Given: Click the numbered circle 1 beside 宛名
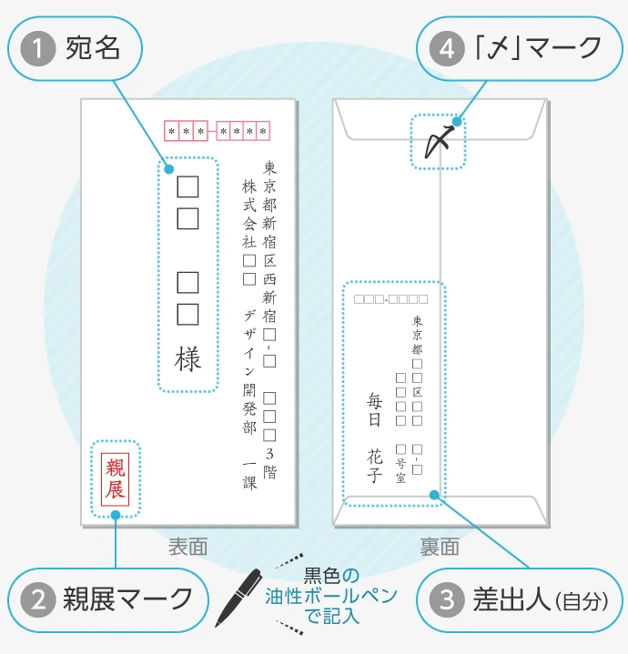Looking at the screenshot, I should [37, 48].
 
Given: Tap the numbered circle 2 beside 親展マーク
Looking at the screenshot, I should [37, 599].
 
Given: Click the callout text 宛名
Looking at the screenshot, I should [93, 48].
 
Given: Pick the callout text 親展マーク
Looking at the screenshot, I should [127, 599].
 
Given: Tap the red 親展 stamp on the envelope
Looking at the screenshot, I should [116, 478].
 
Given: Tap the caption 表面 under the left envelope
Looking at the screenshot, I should [187, 547].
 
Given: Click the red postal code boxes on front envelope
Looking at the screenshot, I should [217, 132].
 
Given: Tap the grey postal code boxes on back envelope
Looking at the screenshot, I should [390, 298].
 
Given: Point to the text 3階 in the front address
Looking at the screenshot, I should [269, 462].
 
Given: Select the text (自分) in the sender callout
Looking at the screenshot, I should [579, 601].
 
